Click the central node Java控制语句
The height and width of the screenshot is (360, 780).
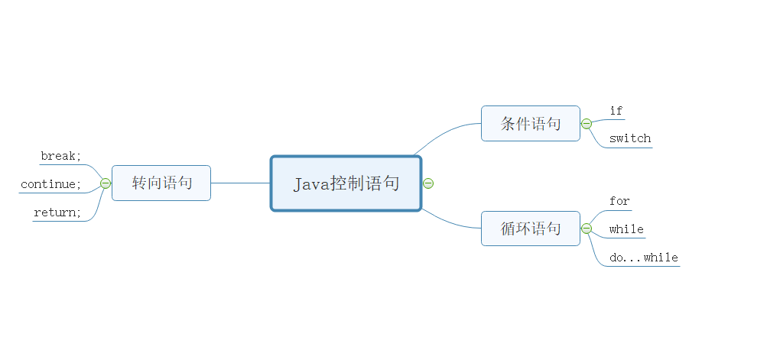(346, 183)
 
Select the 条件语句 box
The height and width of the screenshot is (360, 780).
(530, 124)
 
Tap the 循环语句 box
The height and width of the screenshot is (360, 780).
(530, 229)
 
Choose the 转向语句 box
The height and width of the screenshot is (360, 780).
(161, 183)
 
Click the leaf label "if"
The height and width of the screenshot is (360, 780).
(616, 112)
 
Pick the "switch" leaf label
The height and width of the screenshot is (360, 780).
(630, 138)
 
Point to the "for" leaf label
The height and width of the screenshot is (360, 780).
(619, 202)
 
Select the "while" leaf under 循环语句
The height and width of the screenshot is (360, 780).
(626, 229)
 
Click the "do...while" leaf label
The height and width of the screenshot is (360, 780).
(644, 258)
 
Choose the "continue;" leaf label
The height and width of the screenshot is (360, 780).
(50, 184)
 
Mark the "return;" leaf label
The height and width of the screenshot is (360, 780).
(57, 212)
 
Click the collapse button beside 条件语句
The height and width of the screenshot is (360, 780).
(587, 124)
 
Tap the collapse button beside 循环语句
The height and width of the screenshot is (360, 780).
(587, 229)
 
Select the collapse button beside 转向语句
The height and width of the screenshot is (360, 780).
(106, 183)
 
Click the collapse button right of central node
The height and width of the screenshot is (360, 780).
(428, 183)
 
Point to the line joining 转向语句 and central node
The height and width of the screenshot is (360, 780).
(240, 183)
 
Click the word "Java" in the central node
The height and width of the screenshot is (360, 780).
(311, 184)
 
